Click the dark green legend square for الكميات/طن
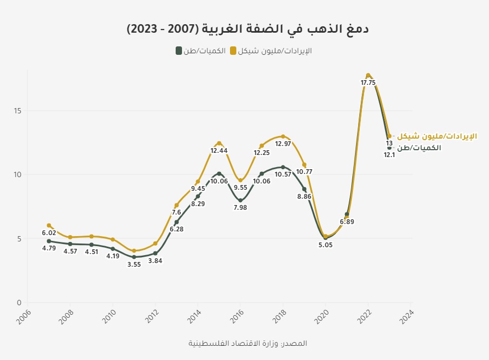(179, 51)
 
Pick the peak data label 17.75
(368, 83)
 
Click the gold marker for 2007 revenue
(49, 226)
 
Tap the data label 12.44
(219, 151)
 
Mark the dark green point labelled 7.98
(241, 200)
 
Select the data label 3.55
(134, 265)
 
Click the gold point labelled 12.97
(283, 137)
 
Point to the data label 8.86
(304, 197)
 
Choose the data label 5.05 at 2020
(325, 245)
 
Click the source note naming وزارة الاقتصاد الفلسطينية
(247, 343)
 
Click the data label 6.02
(49, 233)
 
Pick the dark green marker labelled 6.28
(177, 222)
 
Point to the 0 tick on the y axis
(19, 303)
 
